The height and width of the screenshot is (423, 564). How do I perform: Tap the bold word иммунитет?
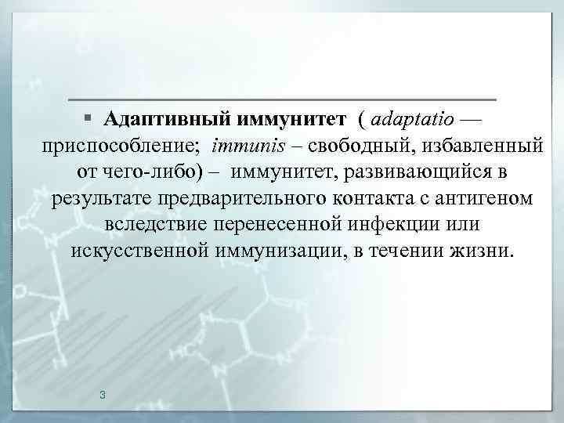[x=292, y=120]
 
